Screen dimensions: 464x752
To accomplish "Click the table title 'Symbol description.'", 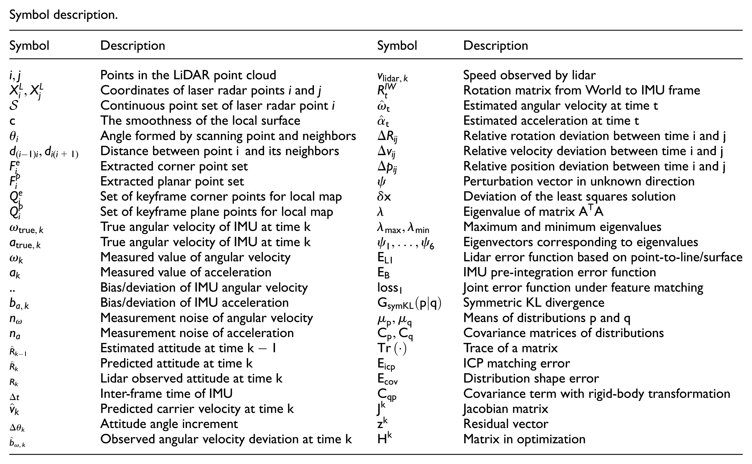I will pos(63,15).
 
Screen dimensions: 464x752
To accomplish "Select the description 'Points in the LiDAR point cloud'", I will pos(188,75).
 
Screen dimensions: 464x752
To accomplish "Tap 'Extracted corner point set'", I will pos(174,166).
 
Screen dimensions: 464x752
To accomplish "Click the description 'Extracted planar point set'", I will pos(172,181).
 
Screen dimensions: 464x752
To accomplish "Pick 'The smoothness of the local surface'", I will pos(200,120).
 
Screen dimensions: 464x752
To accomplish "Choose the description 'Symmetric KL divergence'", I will pos(534,303).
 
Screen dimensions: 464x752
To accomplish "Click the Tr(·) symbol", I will pos(391,348).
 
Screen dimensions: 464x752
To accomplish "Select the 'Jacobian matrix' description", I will pos(506,409).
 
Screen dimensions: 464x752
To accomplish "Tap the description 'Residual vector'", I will pos(506,424).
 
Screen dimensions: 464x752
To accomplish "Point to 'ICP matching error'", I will pos(517,363).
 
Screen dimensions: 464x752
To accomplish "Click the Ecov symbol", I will pos(387,379).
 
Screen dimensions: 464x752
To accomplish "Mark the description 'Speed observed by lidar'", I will pos(529,75).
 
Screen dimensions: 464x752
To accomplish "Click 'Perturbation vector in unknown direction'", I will pos(579,181).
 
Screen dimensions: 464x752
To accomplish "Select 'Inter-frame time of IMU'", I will pos(166,393).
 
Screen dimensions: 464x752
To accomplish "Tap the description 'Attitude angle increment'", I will pos(169,424).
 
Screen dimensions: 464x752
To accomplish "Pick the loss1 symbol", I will pos(390,288).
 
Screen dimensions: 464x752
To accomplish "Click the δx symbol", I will pos(384,197).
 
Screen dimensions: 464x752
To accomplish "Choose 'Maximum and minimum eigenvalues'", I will pos(562,227).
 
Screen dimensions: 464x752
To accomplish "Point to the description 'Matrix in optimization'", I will pos(524,439).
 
